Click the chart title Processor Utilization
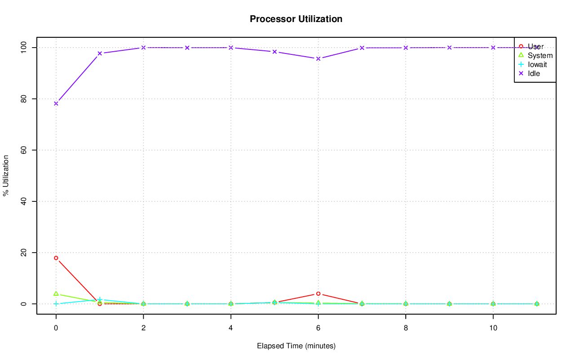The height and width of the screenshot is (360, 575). pyautogui.click(x=296, y=19)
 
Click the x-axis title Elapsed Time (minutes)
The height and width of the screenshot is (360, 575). pyautogui.click(x=296, y=346)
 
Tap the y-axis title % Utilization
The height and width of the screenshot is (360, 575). pyautogui.click(x=6, y=175)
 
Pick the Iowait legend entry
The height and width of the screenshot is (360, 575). pyautogui.click(x=537, y=64)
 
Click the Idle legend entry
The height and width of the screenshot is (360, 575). pyautogui.click(x=534, y=73)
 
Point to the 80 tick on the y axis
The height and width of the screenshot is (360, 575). pyautogui.click(x=23, y=99)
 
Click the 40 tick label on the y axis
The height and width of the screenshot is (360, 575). pyautogui.click(x=23, y=201)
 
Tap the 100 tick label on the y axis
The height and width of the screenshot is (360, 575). pyautogui.click(x=22, y=48)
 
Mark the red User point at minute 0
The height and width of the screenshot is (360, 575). pyautogui.click(x=56, y=258)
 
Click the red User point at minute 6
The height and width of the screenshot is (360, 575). pyautogui.click(x=318, y=294)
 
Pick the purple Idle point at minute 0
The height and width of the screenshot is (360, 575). pyautogui.click(x=56, y=103)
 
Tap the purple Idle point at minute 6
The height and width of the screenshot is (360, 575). pyautogui.click(x=318, y=58)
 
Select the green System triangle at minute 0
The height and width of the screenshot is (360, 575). pyautogui.click(x=56, y=293)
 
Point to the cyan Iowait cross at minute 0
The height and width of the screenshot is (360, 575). pyautogui.click(x=56, y=304)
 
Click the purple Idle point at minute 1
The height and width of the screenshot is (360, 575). pyautogui.click(x=100, y=53)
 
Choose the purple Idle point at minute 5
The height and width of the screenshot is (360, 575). pyautogui.click(x=274, y=52)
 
